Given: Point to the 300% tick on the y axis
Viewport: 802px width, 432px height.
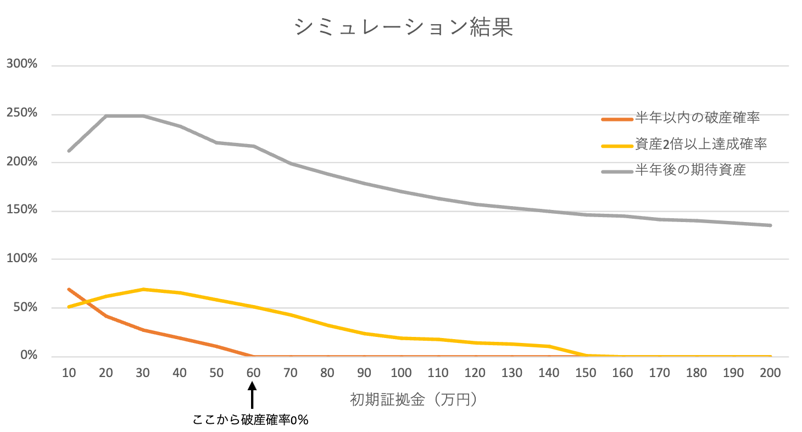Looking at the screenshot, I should coord(22,65).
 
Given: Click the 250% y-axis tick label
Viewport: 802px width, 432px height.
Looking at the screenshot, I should coord(22,113).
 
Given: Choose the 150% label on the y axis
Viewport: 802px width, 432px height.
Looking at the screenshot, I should coord(22,211).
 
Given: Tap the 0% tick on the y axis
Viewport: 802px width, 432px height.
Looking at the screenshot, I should coord(28,356).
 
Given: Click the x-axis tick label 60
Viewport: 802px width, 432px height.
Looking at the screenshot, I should coord(253,373).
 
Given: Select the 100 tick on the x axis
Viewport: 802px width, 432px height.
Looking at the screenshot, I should coord(401,373).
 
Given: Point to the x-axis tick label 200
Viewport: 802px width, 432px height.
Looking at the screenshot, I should coord(770,373).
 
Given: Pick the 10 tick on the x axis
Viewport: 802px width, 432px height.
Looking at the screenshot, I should coord(69,373).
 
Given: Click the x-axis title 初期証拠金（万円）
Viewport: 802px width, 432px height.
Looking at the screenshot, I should coord(415,400).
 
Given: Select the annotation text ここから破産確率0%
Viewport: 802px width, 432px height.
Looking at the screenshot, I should coord(250,420).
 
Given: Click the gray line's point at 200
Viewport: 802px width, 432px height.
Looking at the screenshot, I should coord(770,225).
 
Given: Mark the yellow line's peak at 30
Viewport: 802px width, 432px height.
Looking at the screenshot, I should coord(143,289).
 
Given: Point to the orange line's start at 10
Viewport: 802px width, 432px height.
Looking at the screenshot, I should coord(69,289).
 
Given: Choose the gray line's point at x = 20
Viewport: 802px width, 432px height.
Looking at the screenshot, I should coord(106,116).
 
